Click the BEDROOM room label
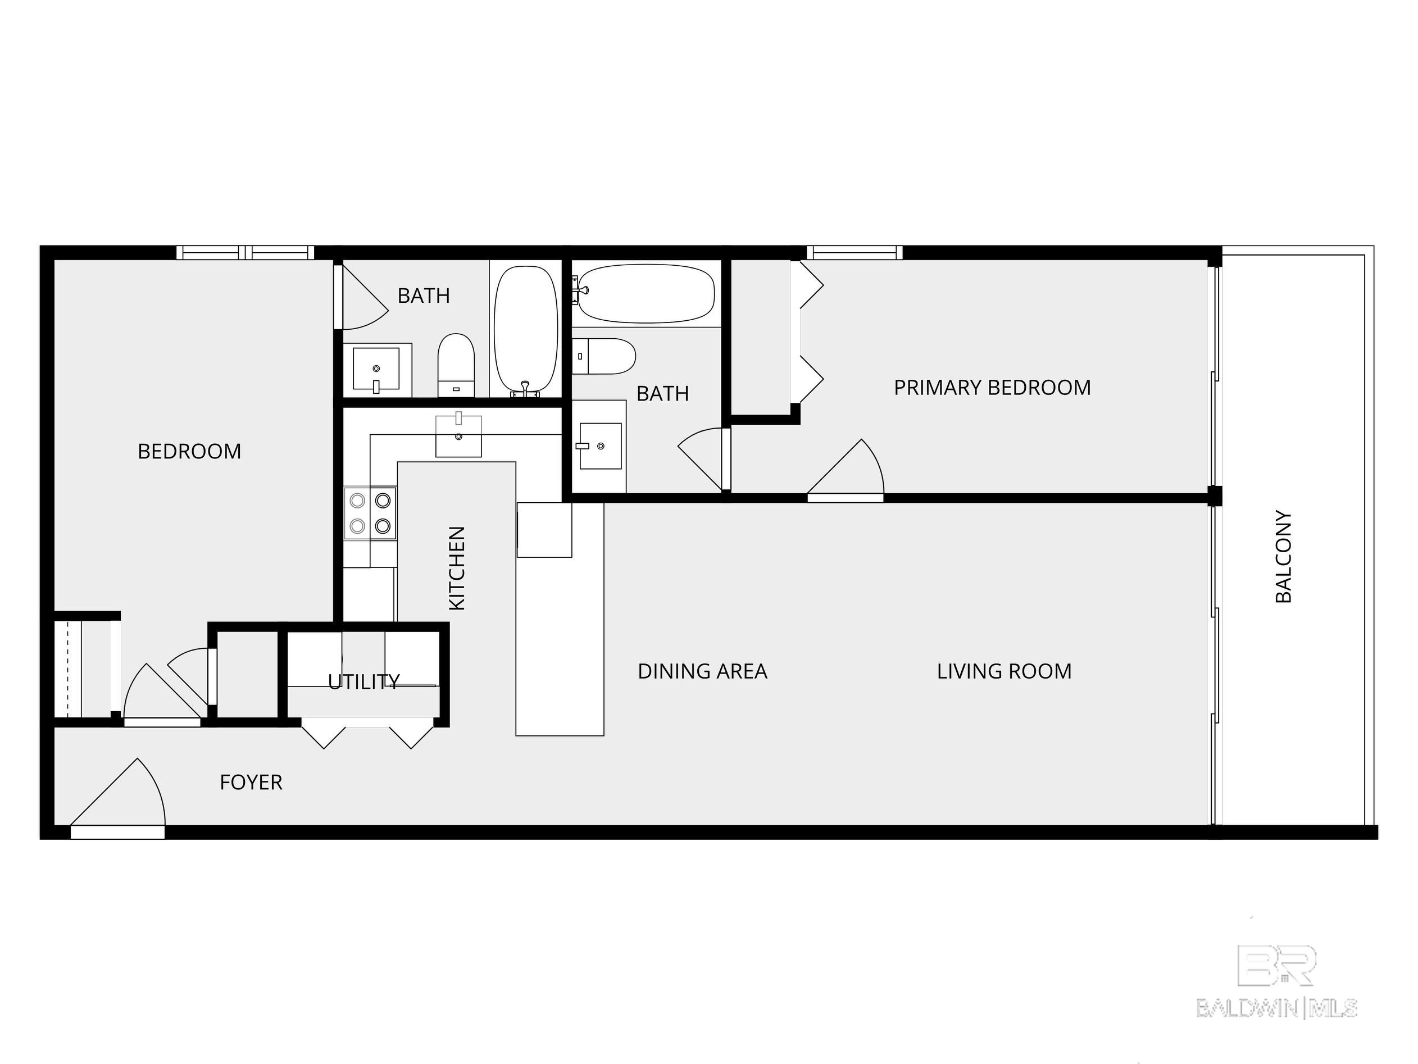click(189, 452)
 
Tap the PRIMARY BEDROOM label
click(992, 388)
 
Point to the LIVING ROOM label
click(1004, 671)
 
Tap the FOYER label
click(251, 782)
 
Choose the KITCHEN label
click(456, 568)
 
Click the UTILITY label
click(363, 681)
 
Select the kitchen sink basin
click(458, 436)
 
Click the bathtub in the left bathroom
click(526, 328)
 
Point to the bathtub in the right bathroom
click(646, 294)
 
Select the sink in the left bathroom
click(376, 369)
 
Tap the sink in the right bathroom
click(600, 446)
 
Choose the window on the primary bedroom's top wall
click(855, 253)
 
